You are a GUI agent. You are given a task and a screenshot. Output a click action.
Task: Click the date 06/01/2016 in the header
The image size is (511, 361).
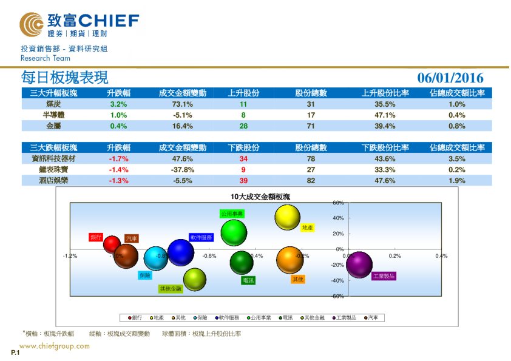click(450, 78)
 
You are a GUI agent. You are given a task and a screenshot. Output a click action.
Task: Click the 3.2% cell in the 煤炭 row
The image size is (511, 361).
click(118, 104)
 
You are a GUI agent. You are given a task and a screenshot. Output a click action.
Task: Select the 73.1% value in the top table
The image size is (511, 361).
click(182, 104)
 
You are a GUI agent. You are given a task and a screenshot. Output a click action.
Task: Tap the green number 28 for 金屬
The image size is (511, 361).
click(243, 126)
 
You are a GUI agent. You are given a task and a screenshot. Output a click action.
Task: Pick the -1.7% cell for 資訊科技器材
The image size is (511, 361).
click(118, 159)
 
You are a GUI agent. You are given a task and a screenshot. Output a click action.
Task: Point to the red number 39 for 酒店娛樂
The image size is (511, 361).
click(243, 181)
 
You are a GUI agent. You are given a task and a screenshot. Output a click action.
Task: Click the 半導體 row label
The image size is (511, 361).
click(53, 115)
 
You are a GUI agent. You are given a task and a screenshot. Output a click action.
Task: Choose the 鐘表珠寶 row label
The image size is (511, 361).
click(53, 170)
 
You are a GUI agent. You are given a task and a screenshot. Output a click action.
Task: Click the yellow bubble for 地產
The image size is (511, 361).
click(288, 218)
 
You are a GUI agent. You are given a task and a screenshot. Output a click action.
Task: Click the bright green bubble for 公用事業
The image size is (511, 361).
click(234, 232)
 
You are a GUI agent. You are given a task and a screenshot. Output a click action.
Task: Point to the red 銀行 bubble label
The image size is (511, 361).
click(96, 237)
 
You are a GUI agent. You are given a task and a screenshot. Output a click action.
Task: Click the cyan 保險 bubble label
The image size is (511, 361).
click(145, 275)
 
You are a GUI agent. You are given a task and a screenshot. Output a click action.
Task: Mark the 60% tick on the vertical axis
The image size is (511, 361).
click(338, 203)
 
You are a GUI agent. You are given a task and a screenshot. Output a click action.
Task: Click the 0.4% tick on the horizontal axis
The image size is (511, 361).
click(441, 256)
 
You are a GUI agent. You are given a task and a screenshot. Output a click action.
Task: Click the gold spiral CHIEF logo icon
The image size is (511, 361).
click(31, 24)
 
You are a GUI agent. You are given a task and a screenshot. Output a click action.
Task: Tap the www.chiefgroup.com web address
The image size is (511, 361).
click(55, 346)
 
